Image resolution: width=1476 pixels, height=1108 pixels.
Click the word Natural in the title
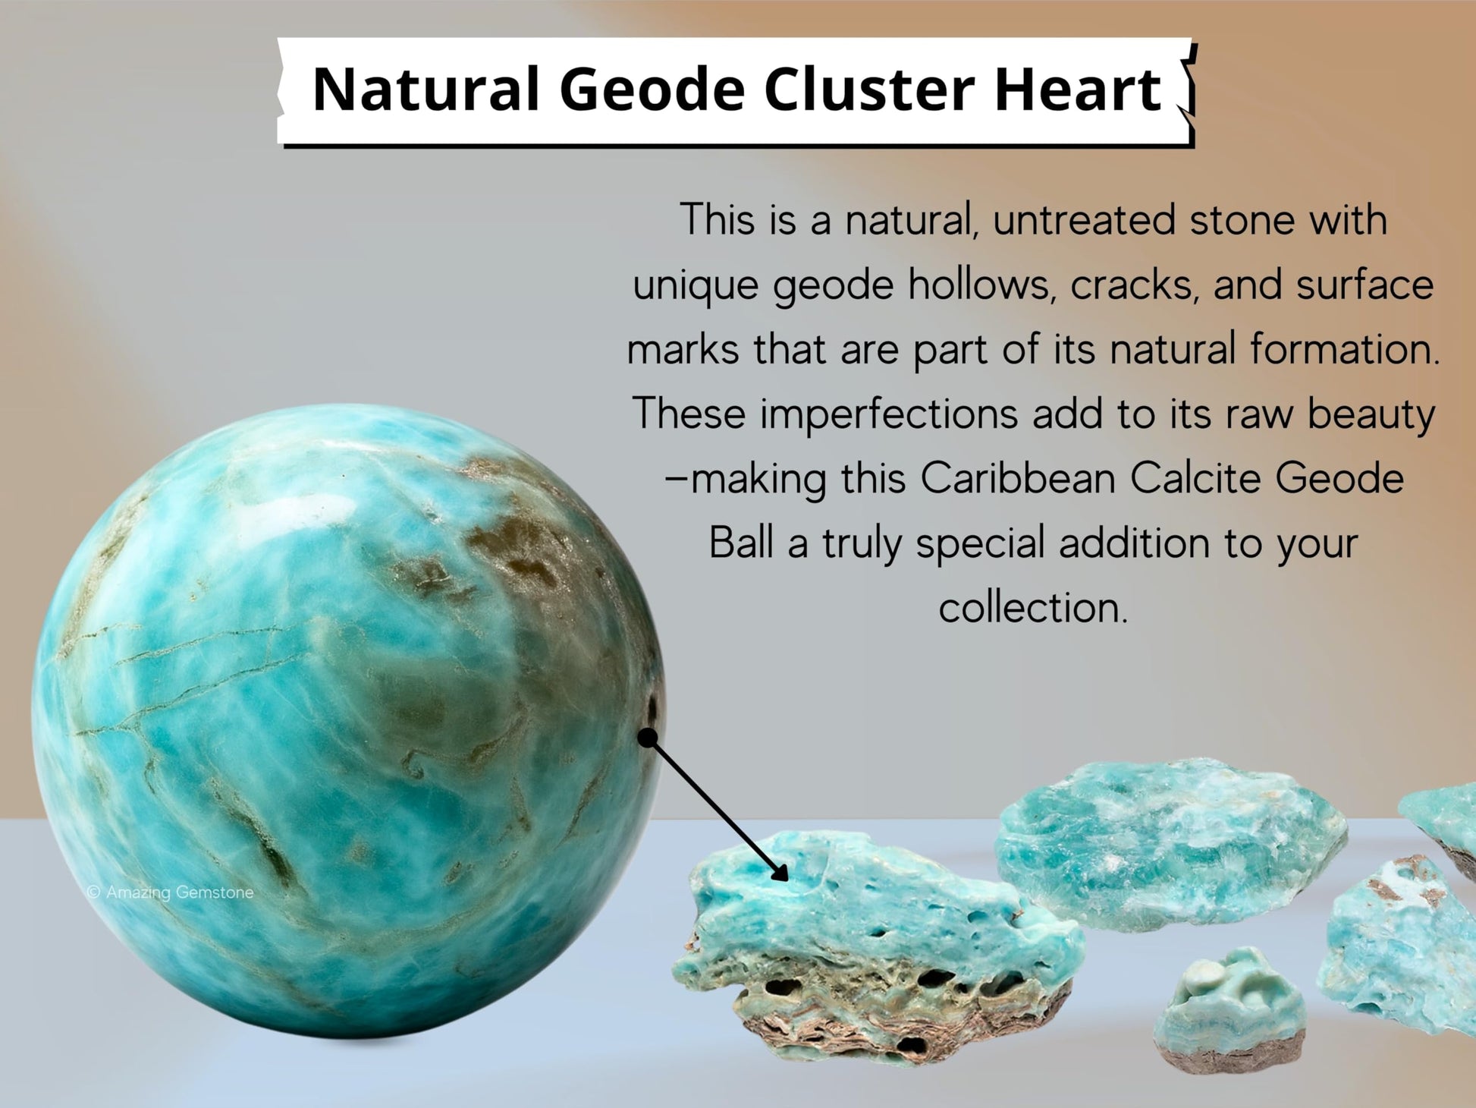[x=426, y=90]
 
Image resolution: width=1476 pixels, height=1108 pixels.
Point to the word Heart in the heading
[x=1077, y=90]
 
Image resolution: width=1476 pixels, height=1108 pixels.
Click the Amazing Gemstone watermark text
[x=171, y=892]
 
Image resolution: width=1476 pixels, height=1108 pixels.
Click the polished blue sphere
[x=347, y=721]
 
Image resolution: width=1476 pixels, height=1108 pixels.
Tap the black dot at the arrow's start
[x=647, y=738]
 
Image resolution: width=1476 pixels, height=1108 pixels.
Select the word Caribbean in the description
[x=1018, y=479]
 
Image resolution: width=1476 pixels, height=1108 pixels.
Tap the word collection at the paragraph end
[x=1033, y=608]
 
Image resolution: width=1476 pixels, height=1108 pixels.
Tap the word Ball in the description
[x=741, y=543]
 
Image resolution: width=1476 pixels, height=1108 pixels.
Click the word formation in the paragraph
[x=1345, y=350]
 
